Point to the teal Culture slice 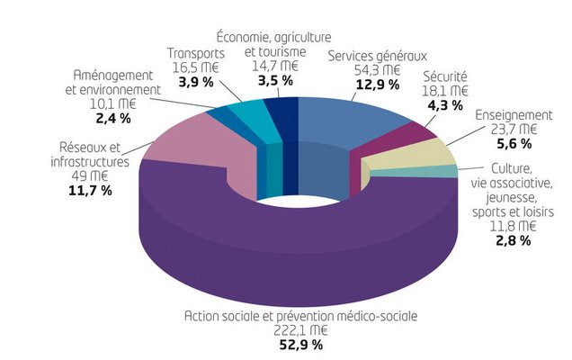tap(441, 171)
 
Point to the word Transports tap(196, 53)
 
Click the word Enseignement tap(513, 115)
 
